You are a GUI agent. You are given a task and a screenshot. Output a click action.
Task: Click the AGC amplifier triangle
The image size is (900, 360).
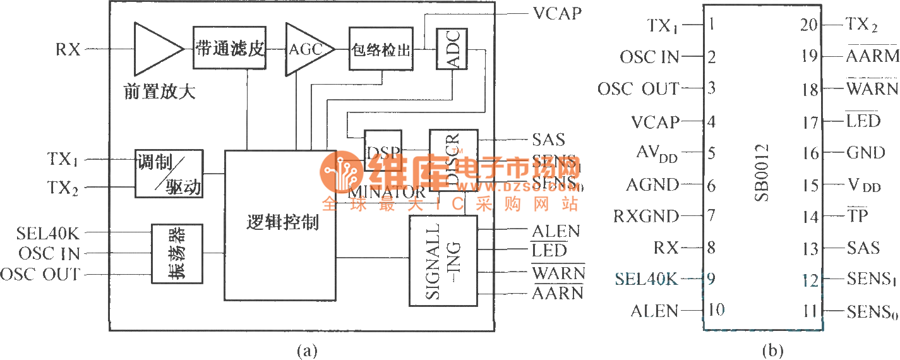click(305, 49)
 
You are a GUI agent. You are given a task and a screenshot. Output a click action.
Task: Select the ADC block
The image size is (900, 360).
click(452, 49)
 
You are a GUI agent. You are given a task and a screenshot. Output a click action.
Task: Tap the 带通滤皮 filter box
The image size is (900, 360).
click(229, 48)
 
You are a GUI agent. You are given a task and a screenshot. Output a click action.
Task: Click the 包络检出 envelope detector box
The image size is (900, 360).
click(381, 49)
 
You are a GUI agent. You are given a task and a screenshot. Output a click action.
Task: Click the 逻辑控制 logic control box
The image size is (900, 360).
click(280, 224)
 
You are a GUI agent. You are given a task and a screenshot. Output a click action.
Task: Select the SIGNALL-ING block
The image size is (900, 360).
click(443, 261)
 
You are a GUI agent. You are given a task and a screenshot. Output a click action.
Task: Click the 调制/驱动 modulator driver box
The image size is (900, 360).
click(169, 174)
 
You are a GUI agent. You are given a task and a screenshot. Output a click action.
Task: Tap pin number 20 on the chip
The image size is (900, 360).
click(809, 25)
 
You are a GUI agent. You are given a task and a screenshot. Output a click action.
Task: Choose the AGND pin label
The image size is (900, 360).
click(652, 185)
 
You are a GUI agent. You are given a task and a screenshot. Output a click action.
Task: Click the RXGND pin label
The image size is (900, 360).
click(646, 217)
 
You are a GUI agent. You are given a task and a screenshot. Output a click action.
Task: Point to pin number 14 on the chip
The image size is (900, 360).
click(809, 217)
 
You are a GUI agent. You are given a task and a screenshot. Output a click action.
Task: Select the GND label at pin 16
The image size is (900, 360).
click(865, 153)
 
